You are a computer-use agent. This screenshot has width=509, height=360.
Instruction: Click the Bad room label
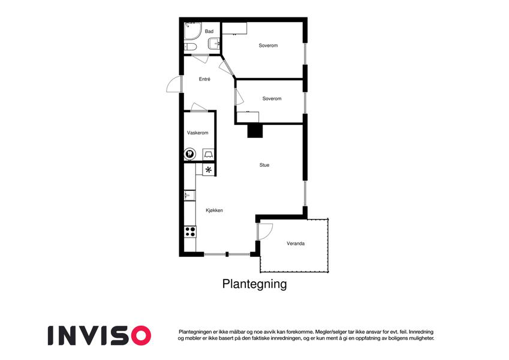(209, 32)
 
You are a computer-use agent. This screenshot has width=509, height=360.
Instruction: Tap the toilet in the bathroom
(190, 47)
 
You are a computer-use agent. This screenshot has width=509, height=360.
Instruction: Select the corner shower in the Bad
(193, 31)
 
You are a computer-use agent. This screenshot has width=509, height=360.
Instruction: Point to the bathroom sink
(215, 44)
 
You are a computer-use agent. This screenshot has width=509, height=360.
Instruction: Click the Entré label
(204, 79)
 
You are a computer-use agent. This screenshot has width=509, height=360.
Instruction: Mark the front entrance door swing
(174, 84)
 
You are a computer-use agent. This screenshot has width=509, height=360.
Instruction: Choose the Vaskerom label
(198, 133)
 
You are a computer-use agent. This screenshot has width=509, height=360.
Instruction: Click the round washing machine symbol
(190, 154)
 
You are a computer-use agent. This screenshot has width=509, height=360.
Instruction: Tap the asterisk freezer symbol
(209, 170)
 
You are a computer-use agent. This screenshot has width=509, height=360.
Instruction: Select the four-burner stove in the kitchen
(190, 232)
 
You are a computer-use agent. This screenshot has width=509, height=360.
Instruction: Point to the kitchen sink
(189, 196)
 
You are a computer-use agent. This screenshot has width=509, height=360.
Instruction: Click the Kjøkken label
(214, 211)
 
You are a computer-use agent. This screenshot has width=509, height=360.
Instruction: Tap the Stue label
(264, 165)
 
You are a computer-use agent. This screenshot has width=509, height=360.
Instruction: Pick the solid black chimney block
(255, 131)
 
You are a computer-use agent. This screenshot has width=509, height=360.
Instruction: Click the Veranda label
(296, 244)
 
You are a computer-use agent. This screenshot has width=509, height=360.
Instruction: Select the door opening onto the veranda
(264, 232)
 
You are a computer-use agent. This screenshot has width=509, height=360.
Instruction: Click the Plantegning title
(254, 284)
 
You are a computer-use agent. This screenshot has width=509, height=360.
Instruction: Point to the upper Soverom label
(268, 46)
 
